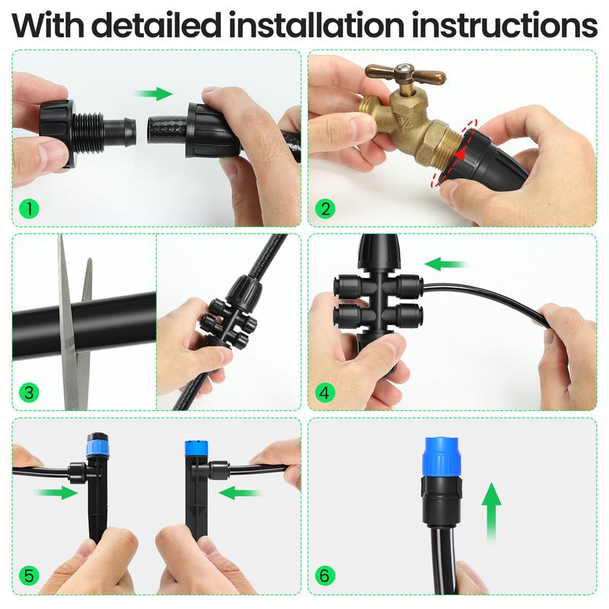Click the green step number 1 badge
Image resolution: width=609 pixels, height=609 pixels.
tap(30, 208)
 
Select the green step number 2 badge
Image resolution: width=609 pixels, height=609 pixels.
tap(327, 208)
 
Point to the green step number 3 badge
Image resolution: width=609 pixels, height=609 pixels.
tap(30, 393)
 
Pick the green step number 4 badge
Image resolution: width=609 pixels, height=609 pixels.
tap(327, 393)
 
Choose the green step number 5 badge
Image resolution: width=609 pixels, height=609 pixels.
tap(30, 576)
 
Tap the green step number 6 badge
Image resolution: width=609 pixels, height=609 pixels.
tap(327, 576)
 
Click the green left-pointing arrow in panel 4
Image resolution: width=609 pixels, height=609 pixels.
tap(446, 264)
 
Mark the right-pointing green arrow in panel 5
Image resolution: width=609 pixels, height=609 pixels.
tap(56, 493)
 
